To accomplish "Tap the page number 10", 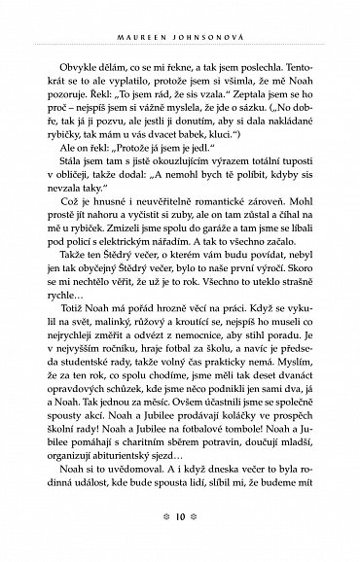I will coord(179,542).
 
